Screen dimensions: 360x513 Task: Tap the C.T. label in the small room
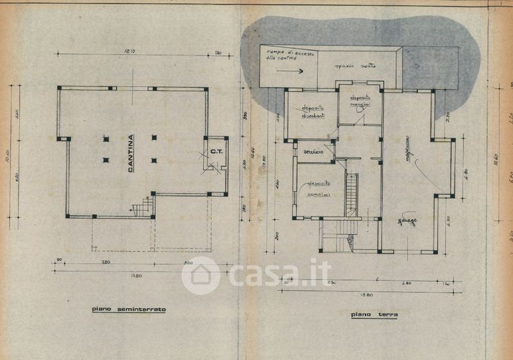[x=216, y=152]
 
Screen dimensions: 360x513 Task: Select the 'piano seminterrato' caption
[x=129, y=309]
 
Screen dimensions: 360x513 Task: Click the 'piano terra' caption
[x=374, y=314]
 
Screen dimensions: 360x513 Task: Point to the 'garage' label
[x=407, y=222]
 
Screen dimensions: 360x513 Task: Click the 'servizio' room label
[x=314, y=151]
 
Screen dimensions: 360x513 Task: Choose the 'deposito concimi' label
[x=315, y=188]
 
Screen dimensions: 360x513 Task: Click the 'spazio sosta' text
[x=357, y=65]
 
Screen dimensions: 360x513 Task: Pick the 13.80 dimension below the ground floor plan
[x=366, y=295]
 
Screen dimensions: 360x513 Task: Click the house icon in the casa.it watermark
[x=201, y=275]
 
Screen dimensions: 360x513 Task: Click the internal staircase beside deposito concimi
[x=351, y=194]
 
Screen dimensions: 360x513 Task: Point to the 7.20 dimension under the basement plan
[x=106, y=263]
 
